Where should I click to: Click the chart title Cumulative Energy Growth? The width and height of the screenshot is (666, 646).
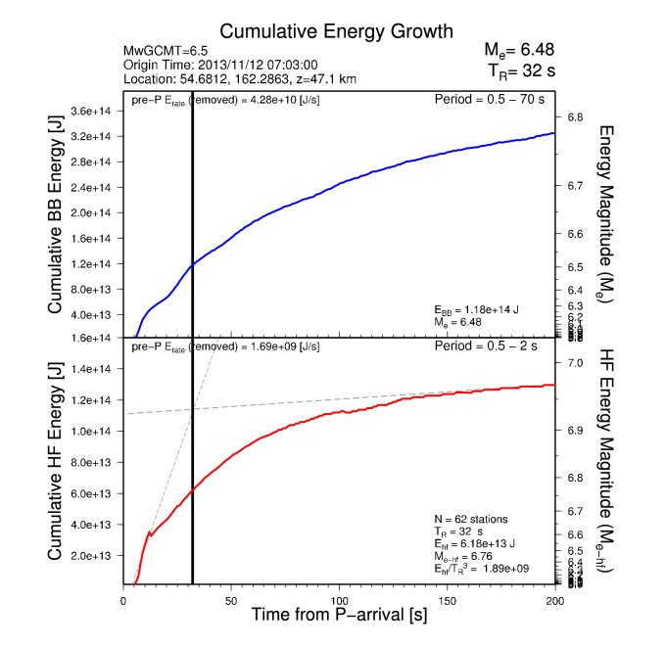click(337, 31)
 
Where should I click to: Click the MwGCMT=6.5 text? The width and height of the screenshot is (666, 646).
click(166, 51)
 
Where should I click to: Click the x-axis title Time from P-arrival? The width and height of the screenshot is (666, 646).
click(338, 616)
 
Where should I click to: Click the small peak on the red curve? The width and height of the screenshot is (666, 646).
click(148, 531)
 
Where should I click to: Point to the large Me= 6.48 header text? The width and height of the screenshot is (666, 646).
click(518, 50)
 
